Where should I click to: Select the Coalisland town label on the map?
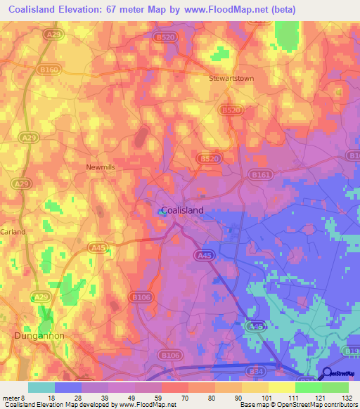tap(183, 210)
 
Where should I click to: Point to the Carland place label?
tap(13, 231)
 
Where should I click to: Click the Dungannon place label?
tap(39, 336)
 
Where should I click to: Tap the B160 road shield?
tap(49, 70)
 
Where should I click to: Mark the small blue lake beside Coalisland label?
tap(160, 209)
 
